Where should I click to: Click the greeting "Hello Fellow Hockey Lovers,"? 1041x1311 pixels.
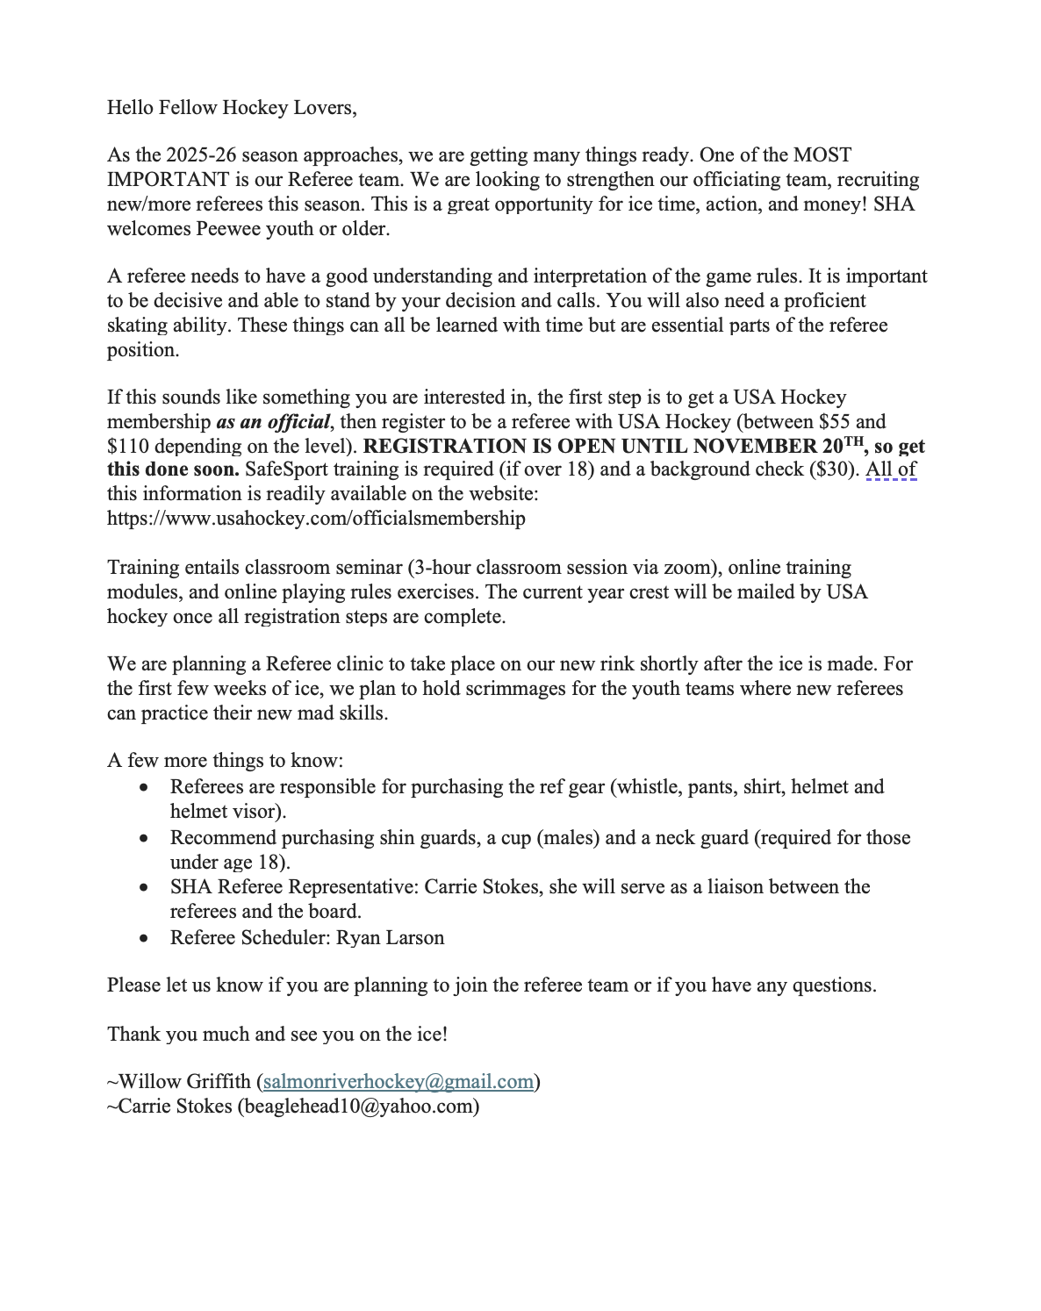232,108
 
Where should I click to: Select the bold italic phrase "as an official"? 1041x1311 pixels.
272,422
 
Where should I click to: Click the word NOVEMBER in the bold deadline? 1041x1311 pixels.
755,446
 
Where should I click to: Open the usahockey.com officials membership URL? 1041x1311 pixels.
316,519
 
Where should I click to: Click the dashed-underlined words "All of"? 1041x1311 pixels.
891,469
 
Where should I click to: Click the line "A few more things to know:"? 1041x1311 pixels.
225,761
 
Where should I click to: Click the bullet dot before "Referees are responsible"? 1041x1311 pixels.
144,788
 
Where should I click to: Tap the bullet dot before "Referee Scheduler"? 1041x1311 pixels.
144,939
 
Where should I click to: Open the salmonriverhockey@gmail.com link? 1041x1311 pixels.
398,1082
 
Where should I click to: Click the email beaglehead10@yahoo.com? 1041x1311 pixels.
358,1107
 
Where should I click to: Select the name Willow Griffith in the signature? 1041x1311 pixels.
184,1082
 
